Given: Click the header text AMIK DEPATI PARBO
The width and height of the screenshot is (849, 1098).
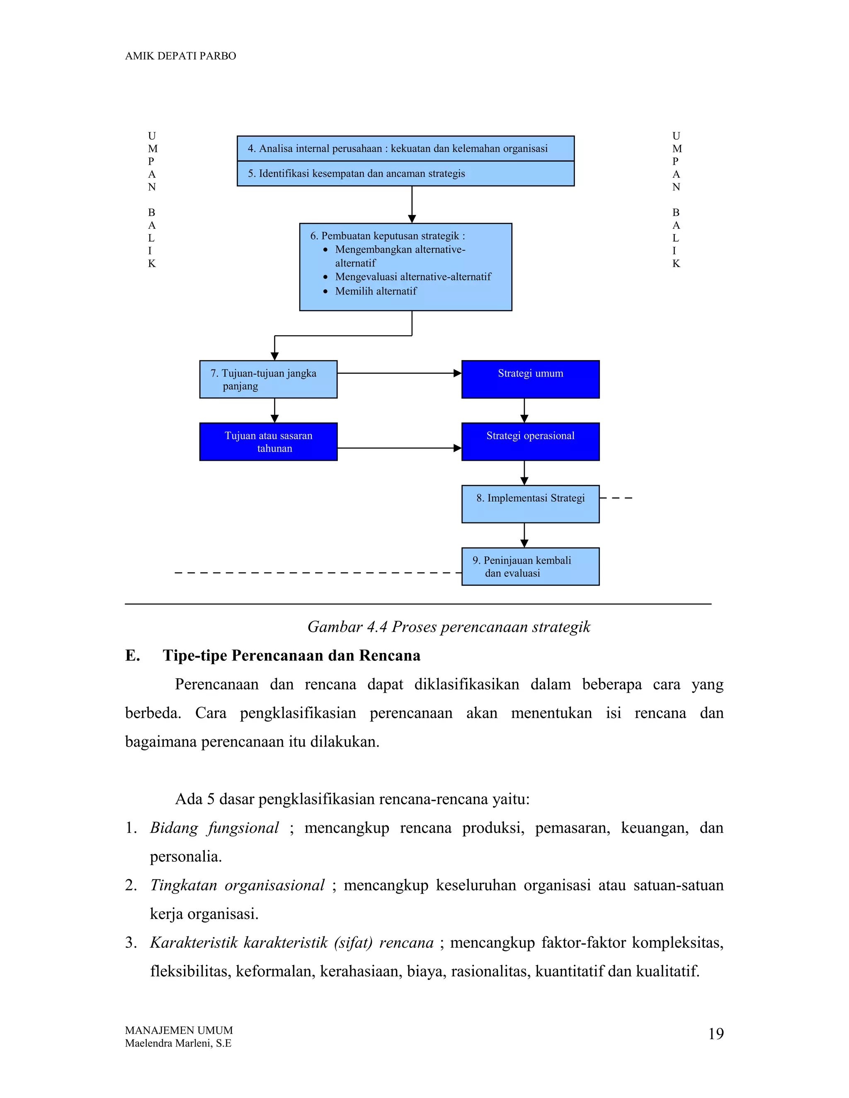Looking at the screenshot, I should (x=180, y=56).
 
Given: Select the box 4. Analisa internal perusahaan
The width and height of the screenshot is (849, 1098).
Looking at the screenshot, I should (x=405, y=148).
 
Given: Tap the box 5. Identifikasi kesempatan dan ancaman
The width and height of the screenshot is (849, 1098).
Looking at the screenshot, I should (x=405, y=174).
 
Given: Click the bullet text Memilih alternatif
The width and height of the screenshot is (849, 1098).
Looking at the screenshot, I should (x=376, y=291).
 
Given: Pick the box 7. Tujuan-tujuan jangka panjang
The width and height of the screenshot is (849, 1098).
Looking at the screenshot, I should (x=268, y=380).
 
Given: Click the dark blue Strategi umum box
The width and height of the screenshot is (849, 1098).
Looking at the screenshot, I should (x=530, y=380).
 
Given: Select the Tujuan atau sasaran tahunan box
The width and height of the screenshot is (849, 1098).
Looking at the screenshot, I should (x=268, y=442).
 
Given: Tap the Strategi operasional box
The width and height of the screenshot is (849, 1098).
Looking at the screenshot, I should (x=530, y=442).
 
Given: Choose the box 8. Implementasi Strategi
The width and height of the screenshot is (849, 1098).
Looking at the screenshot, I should (x=530, y=504).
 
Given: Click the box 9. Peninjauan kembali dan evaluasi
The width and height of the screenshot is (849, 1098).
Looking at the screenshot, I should (x=530, y=566).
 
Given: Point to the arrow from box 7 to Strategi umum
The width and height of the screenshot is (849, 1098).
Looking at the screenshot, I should (x=399, y=373).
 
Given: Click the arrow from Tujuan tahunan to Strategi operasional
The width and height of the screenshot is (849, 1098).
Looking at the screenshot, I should (x=399, y=448).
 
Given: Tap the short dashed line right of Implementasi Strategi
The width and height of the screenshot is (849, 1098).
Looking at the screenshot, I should (x=616, y=498).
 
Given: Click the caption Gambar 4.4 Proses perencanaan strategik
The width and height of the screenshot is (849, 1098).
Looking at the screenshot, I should (x=449, y=627).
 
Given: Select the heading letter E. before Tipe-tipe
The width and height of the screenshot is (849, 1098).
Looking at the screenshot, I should (x=132, y=655).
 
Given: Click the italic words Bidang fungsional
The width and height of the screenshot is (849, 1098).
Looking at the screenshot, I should (x=214, y=828).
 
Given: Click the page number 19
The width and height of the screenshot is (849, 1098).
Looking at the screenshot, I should (x=716, y=1034).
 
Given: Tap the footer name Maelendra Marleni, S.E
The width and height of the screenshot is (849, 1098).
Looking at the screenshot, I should (x=178, y=1043).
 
